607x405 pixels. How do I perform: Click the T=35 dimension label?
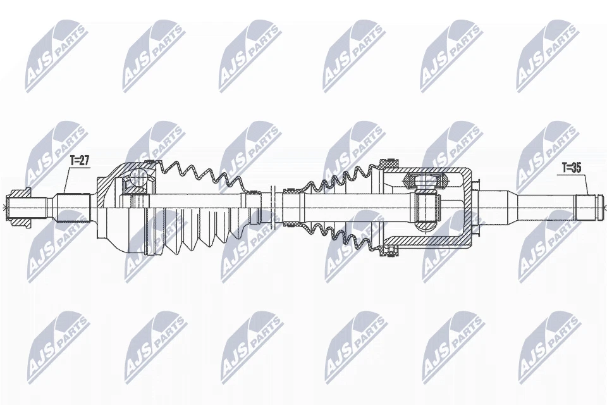coord(572,168)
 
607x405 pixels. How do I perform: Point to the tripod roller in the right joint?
coord(427,209)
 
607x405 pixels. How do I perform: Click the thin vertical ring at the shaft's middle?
coord(271,204)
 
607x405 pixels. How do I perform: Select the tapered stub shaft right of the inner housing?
coord(506,204)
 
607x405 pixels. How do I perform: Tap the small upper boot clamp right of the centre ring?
coord(288,190)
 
